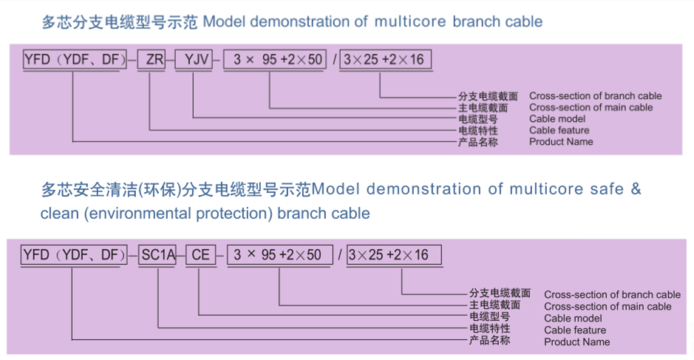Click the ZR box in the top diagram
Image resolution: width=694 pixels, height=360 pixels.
(x=152, y=59)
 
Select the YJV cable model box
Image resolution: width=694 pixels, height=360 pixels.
(x=194, y=59)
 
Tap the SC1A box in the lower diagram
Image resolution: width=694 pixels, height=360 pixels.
(x=157, y=255)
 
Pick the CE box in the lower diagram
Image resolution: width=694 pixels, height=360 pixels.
(x=200, y=255)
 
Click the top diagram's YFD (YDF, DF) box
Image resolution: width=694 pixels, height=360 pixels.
(x=75, y=59)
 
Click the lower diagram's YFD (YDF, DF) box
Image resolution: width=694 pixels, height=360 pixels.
(x=74, y=255)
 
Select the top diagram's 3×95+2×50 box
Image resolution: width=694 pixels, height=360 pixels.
(x=275, y=59)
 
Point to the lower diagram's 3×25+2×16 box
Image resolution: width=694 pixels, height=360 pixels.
(x=394, y=255)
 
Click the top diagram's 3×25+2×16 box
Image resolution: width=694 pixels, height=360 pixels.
(x=386, y=59)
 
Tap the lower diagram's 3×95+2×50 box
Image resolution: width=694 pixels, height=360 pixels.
(x=279, y=255)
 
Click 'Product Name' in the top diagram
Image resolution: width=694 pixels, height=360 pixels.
(x=561, y=142)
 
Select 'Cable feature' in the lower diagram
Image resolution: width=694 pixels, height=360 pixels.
(x=575, y=330)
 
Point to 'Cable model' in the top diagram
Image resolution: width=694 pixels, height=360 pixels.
(x=557, y=119)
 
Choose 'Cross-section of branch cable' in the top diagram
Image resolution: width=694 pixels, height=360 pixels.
(x=595, y=95)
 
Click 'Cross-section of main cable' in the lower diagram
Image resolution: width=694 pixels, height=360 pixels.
(x=608, y=307)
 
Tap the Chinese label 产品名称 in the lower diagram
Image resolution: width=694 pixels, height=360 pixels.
(x=489, y=340)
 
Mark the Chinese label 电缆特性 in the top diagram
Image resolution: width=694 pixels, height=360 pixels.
(x=478, y=131)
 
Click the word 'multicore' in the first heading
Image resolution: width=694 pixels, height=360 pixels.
(x=410, y=21)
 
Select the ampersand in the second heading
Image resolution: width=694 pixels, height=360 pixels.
(x=636, y=189)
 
